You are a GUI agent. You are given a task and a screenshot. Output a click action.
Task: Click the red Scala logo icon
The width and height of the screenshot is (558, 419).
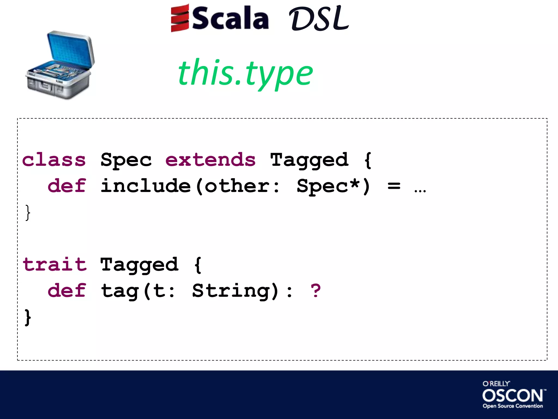[180, 18]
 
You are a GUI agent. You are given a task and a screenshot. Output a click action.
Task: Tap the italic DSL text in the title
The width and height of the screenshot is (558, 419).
[319, 19]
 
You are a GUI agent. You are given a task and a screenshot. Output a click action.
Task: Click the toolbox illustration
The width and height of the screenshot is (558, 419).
[60, 65]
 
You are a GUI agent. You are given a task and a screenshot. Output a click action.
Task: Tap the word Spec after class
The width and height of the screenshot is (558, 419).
[126, 160]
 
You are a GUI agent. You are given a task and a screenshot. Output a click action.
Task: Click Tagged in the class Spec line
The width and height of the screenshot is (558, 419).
[309, 160]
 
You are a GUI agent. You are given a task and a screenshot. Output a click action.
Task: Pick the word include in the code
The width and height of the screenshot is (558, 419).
[146, 186]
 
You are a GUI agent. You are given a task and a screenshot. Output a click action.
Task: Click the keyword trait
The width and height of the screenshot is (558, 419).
[54, 265]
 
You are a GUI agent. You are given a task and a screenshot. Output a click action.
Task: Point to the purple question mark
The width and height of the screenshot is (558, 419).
[316, 291]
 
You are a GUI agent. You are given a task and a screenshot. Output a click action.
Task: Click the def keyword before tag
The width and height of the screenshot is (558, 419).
[67, 291]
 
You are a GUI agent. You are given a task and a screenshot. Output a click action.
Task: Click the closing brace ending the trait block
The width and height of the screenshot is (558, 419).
[28, 317]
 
